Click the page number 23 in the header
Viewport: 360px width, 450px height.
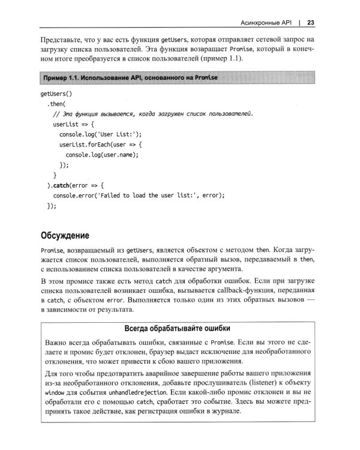coord(311,23)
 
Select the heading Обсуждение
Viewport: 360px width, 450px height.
coord(65,235)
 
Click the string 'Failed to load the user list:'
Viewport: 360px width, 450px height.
coord(141,195)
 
